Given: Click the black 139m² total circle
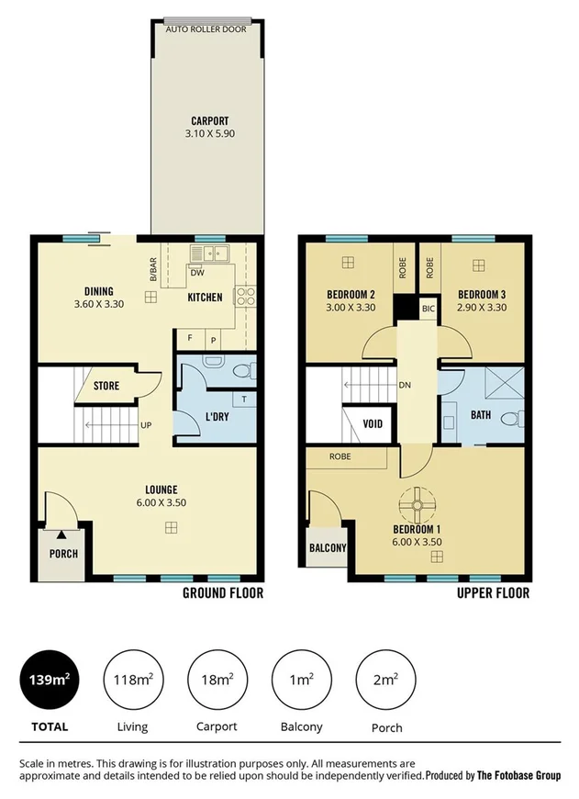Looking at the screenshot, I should coord(49,681).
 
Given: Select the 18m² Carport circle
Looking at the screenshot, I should coord(216,681).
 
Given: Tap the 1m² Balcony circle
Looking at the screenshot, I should coord(301,681).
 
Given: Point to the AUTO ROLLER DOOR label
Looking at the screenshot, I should coord(206,29).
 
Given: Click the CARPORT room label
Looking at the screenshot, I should coord(209,120).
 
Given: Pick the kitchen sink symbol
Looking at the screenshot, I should coord(209,253).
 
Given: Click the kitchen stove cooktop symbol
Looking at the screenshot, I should coord(245,295).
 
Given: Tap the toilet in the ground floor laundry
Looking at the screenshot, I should coord(241,369).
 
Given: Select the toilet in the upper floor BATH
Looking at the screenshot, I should coord(517,419).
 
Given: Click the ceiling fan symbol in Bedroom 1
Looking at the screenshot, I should coord(418,503).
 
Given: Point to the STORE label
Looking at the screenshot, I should coord(106,387).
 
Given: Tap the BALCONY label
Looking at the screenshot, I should coord(328,548).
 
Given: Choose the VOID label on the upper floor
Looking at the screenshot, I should coord(373,424).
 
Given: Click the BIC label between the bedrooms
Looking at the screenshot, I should coord(428,309).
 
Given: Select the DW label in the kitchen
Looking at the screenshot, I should coord(196,273).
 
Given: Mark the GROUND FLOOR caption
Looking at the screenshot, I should coord(223,593).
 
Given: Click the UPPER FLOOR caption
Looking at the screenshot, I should coord(493,593).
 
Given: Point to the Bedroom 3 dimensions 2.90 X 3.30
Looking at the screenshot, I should coord(482,307).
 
